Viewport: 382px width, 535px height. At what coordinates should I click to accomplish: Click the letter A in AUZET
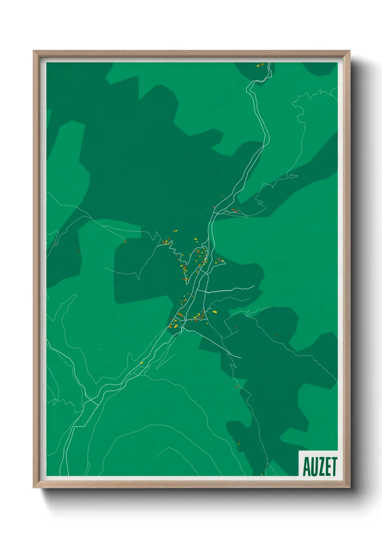307,467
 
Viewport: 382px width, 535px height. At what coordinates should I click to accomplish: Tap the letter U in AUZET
314,467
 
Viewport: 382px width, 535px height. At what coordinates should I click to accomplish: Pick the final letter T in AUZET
334,467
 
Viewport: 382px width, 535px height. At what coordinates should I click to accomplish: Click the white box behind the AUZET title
318,454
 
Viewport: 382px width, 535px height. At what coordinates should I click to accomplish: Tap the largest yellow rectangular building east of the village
214,311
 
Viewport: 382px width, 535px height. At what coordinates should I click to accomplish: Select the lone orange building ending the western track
125,241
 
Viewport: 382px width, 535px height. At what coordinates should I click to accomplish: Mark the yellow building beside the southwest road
142,363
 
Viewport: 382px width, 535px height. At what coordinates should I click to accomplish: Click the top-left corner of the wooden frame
34,52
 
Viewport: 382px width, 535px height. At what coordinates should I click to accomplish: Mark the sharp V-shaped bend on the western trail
139,278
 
